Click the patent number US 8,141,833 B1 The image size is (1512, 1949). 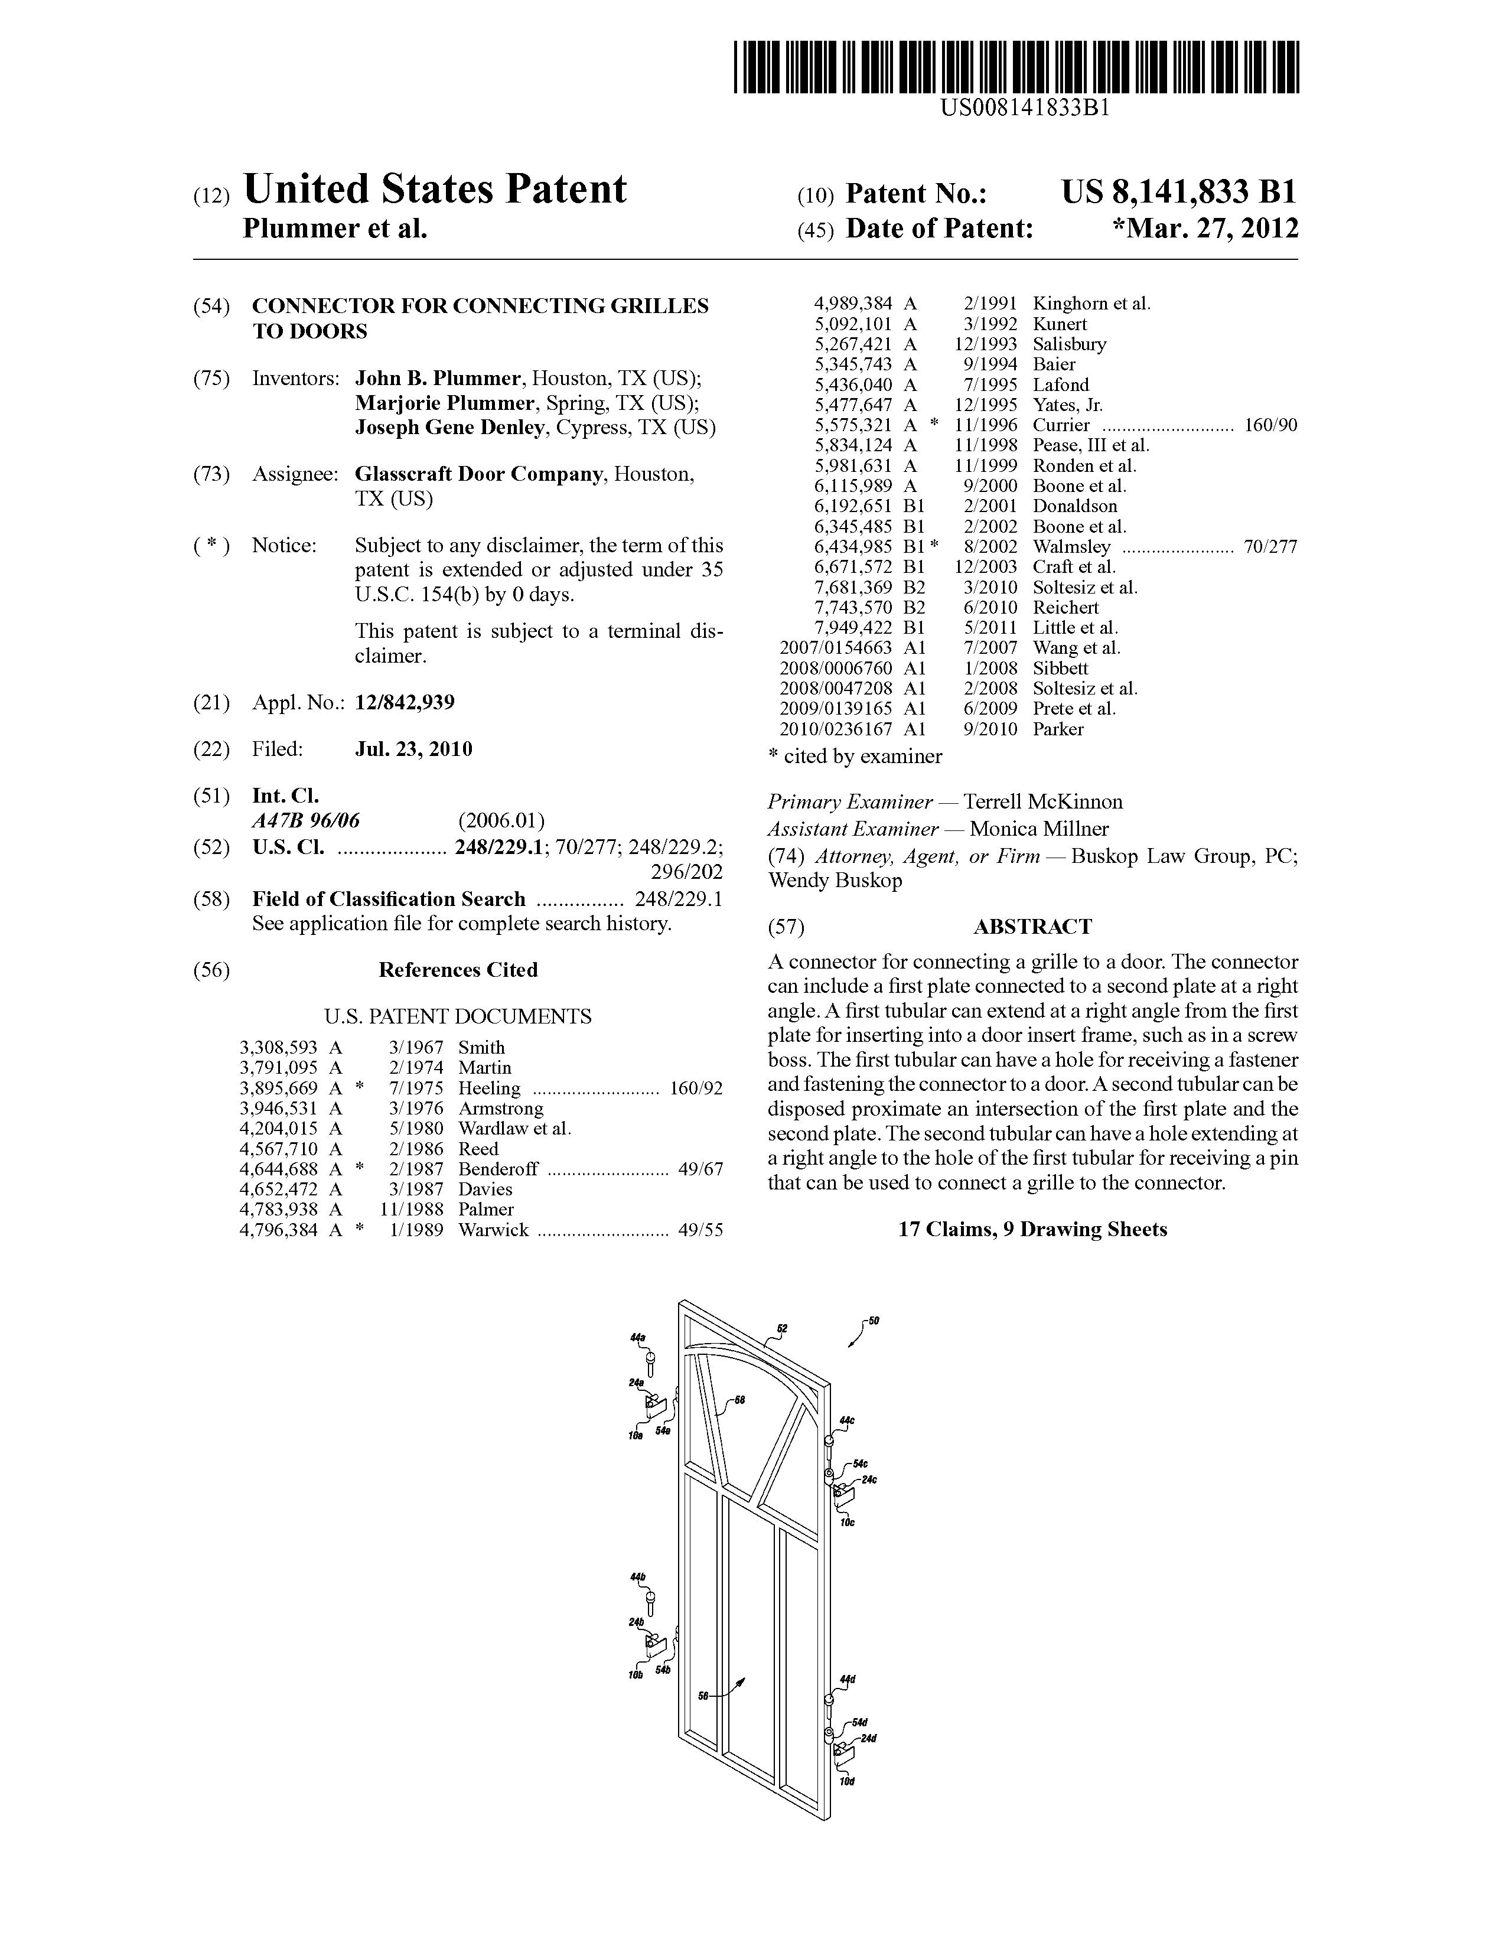[x=1178, y=192]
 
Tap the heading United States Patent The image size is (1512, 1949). [x=435, y=189]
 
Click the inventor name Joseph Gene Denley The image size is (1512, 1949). [x=449, y=428]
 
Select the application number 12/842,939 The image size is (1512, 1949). [x=405, y=702]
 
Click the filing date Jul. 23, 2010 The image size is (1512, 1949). [x=413, y=749]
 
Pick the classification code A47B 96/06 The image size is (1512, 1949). [x=306, y=820]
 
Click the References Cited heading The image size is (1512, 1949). [x=458, y=970]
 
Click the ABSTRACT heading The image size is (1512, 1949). [x=1032, y=926]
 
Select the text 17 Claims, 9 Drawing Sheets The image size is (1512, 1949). [x=1032, y=1229]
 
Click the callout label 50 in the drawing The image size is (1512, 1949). [x=874, y=1321]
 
